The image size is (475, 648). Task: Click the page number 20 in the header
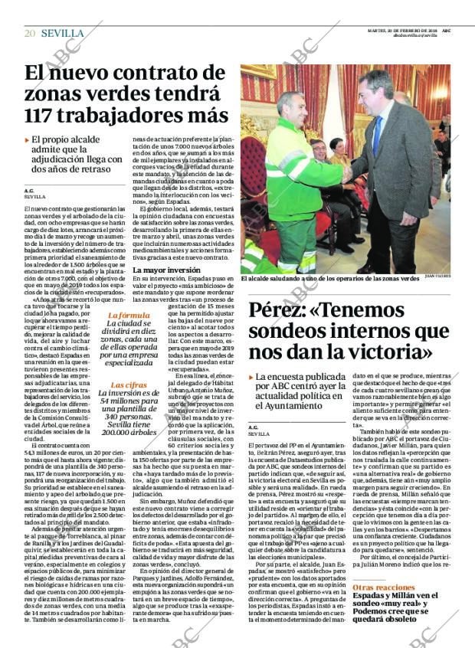[30, 33]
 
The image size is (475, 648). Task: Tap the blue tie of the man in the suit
[377, 135]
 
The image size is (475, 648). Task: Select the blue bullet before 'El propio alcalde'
[28, 139]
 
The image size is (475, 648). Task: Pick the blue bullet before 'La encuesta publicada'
[252, 377]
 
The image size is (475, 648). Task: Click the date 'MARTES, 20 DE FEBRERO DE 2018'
[404, 30]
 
